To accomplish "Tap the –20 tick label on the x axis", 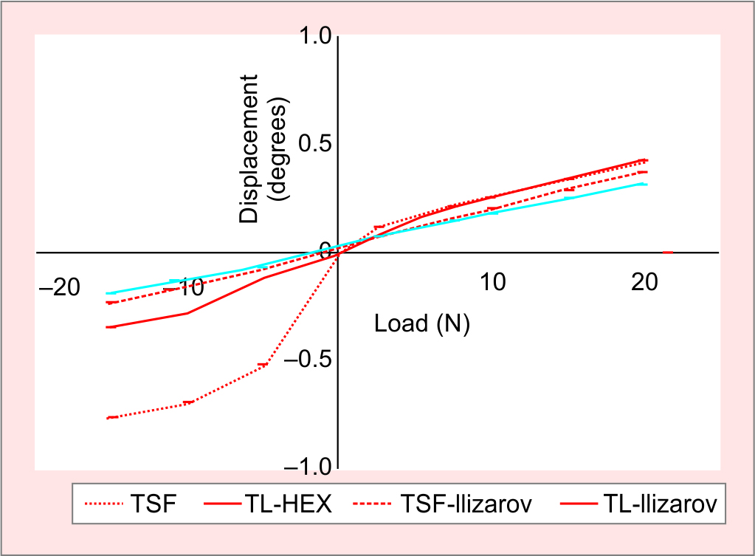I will [58, 286].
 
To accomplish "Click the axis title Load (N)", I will [422, 323].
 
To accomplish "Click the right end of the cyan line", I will [647, 184].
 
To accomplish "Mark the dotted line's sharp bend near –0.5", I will [263, 365].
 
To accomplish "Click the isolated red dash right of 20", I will [667, 253].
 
